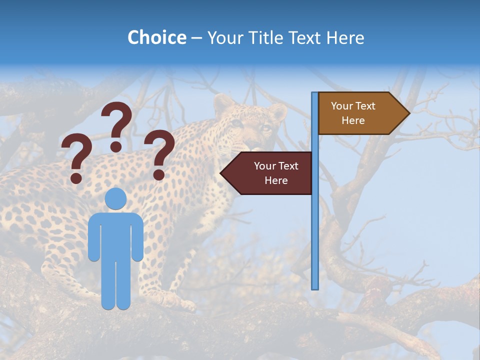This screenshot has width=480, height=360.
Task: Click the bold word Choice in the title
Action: [x=156, y=37]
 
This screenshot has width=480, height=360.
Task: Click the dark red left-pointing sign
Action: [x=270, y=173]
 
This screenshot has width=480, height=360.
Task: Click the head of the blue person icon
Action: [x=116, y=198]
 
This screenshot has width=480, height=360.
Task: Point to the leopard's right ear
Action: [x=278, y=112]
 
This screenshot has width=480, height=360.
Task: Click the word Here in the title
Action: [x=345, y=37]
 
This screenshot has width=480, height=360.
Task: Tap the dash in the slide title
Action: [x=197, y=38]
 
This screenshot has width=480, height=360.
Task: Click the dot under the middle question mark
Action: [x=116, y=146]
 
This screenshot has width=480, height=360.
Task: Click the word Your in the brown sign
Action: [x=342, y=106]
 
